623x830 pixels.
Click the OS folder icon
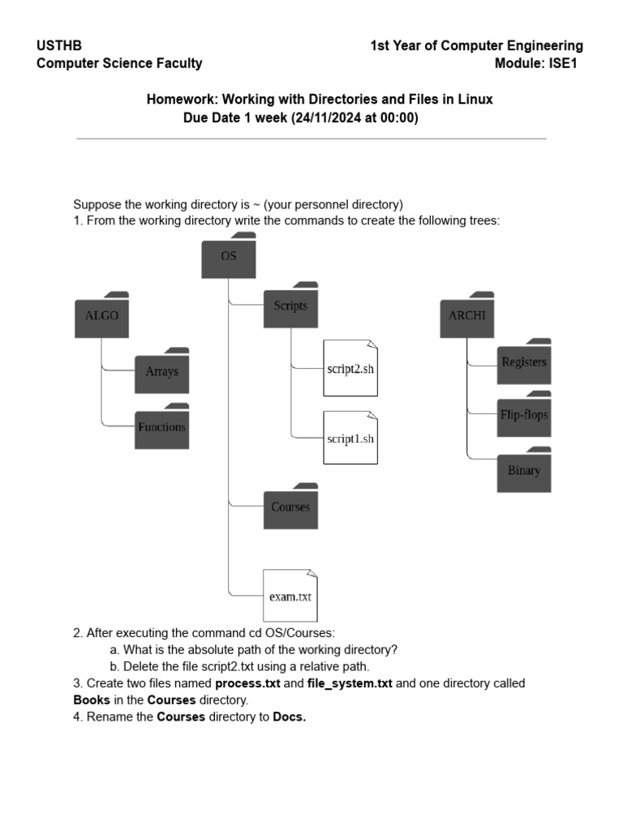(x=229, y=256)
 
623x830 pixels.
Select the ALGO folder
(x=101, y=315)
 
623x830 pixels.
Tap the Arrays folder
(x=161, y=371)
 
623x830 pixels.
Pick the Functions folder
(x=161, y=426)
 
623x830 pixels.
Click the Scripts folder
(x=290, y=306)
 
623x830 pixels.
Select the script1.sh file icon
(x=350, y=439)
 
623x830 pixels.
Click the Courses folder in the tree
(x=290, y=507)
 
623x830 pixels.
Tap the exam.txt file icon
(x=290, y=596)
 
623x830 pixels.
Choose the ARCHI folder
(x=466, y=315)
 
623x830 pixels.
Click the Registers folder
(x=524, y=362)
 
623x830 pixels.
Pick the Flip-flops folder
(x=524, y=415)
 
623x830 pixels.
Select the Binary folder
(x=524, y=470)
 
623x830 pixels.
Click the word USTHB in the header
(x=59, y=46)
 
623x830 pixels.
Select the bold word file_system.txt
(x=350, y=683)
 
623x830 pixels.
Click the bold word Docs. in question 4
(x=290, y=717)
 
